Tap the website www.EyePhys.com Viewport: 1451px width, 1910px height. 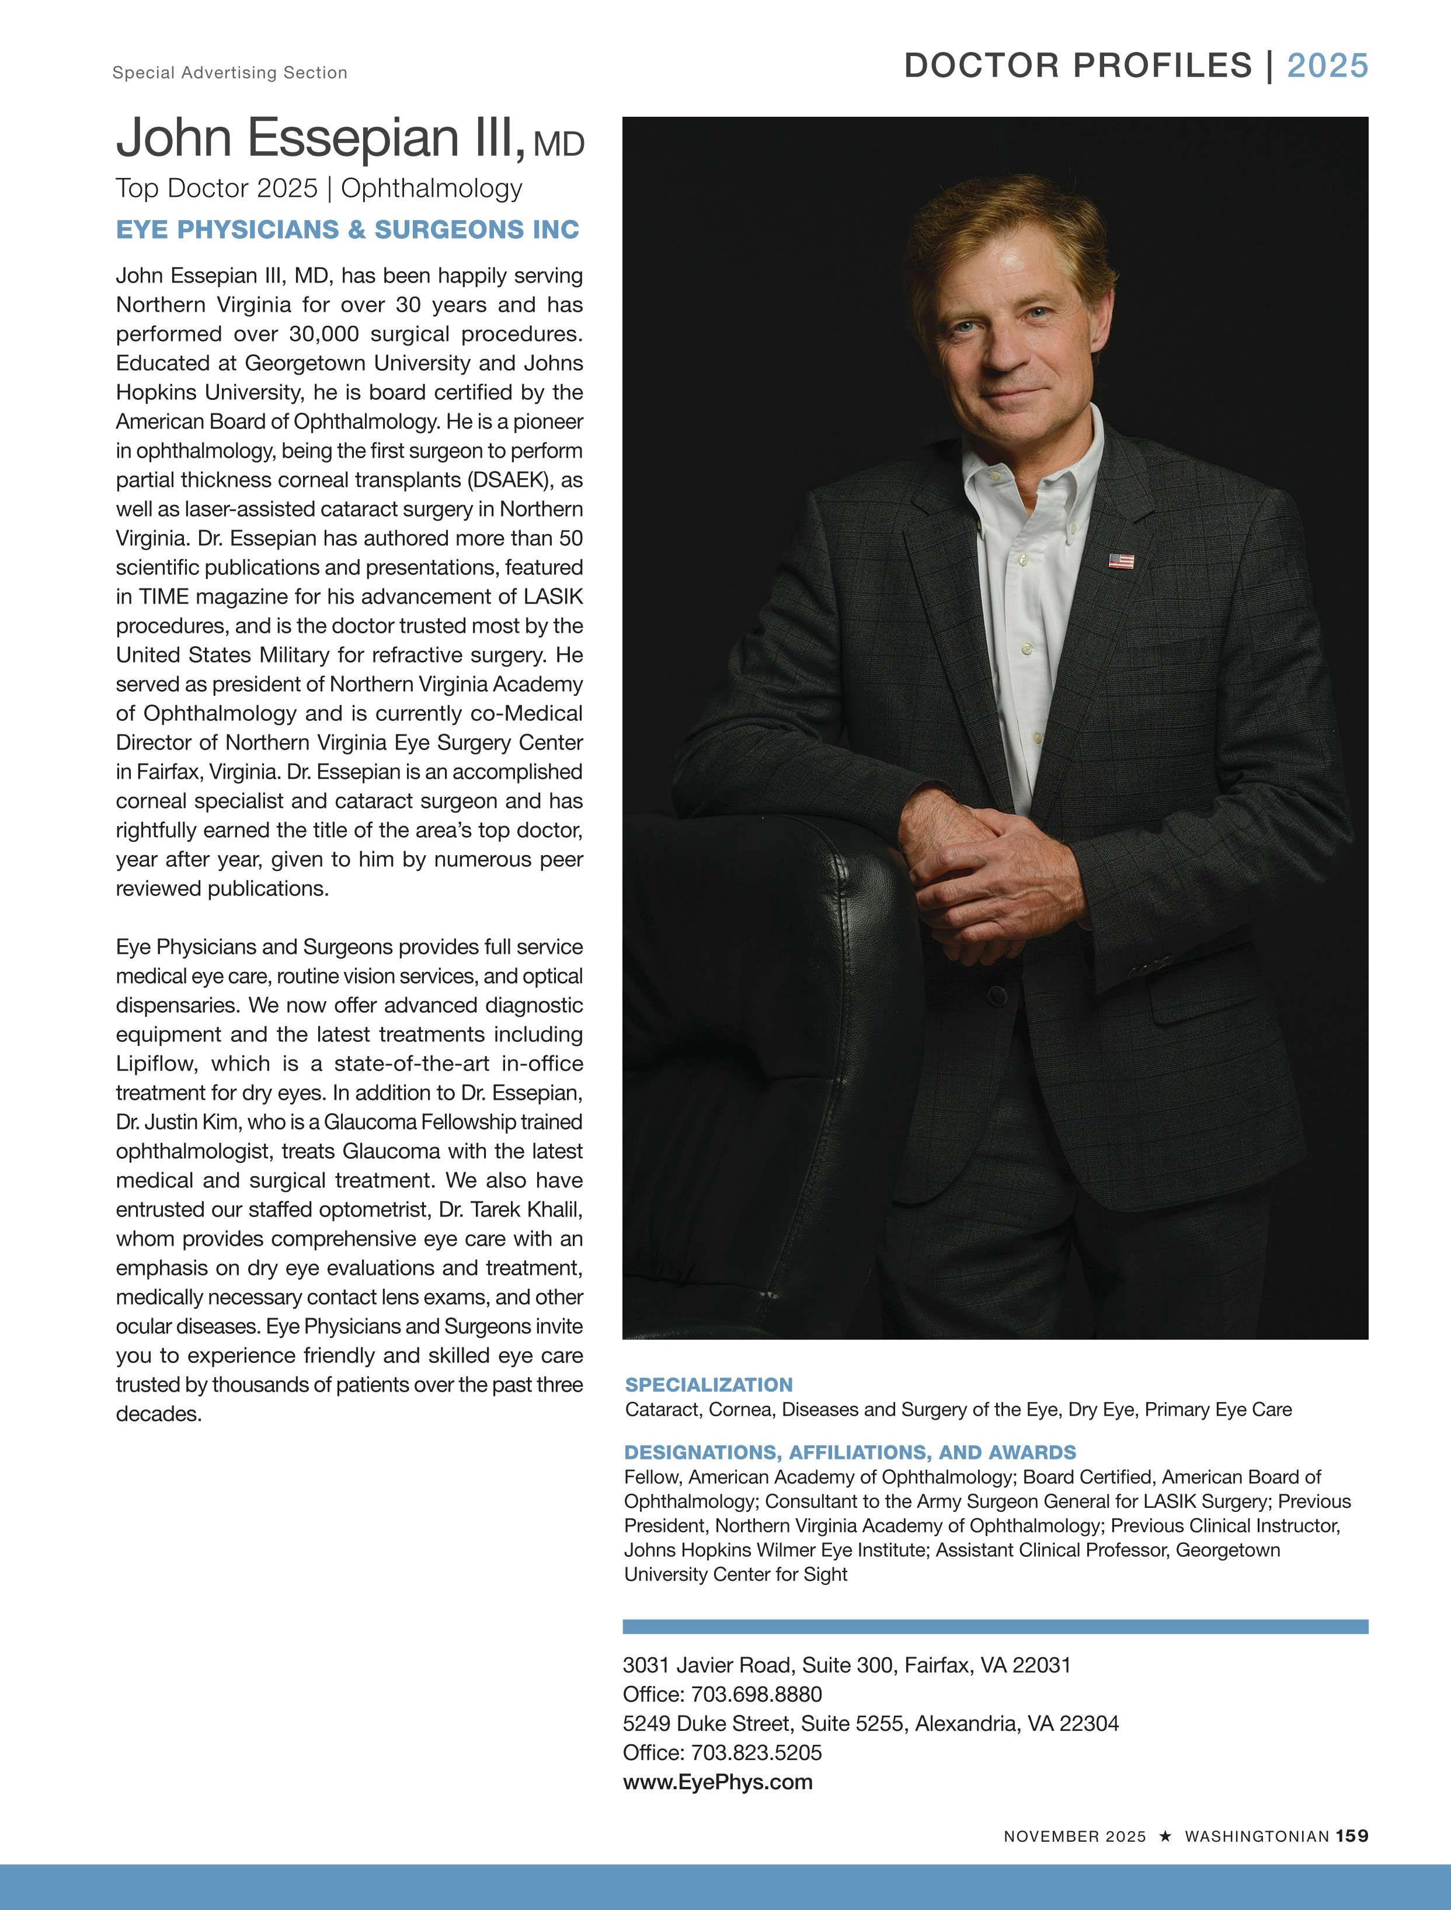(x=718, y=1782)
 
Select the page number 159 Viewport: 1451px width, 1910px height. (x=1352, y=1836)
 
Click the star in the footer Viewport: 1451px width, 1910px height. (x=1165, y=1836)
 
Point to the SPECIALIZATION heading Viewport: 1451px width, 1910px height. (x=708, y=1385)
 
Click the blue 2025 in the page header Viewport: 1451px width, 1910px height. (x=1327, y=65)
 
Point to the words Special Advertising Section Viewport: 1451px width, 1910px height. (x=229, y=72)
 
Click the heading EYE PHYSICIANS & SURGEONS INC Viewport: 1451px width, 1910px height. (x=347, y=229)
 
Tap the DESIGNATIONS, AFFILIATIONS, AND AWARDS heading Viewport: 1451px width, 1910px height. (x=850, y=1452)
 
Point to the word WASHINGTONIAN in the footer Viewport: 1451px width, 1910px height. (x=1256, y=1836)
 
